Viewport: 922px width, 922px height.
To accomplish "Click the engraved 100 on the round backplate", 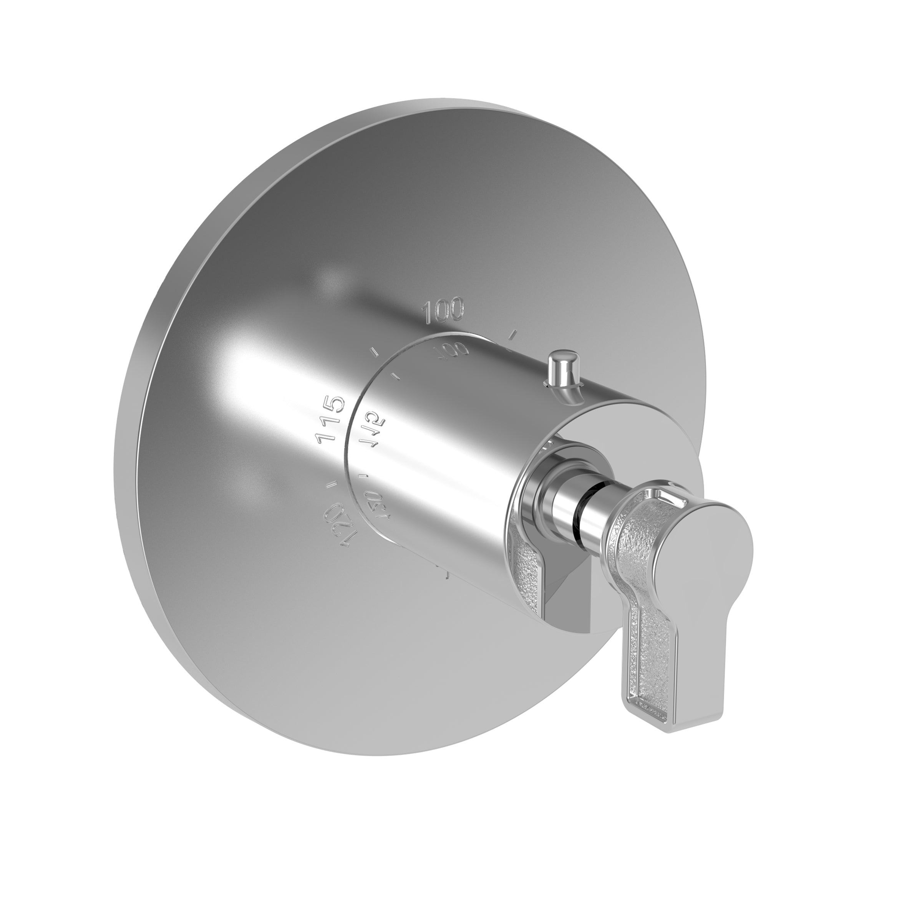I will tap(443, 311).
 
